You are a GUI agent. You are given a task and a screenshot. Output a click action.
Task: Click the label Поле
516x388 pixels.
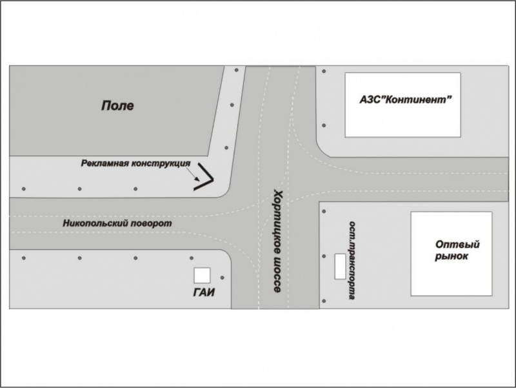point(117,105)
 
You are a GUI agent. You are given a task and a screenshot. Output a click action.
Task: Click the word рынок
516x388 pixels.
point(451,257)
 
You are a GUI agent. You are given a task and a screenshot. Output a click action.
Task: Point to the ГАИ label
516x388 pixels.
point(203,292)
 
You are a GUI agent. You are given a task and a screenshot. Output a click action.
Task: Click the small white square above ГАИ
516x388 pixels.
point(203,276)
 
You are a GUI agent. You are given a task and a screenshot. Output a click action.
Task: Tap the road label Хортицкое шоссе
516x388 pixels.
point(277,241)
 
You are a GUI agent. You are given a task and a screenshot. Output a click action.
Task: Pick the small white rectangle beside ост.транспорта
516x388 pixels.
point(339,266)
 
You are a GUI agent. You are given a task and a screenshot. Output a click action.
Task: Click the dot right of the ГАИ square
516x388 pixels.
point(222,278)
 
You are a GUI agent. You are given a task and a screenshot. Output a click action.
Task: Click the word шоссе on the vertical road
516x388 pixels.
point(276,278)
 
